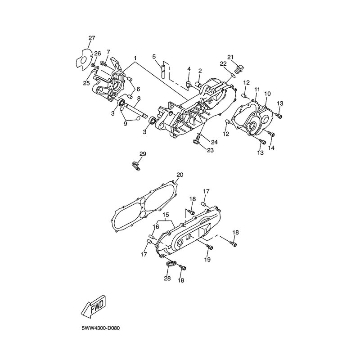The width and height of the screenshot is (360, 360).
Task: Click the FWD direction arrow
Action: [x=94, y=308]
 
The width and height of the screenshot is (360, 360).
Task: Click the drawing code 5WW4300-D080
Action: [x=100, y=328]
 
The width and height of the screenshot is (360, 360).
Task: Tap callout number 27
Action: [x=92, y=38]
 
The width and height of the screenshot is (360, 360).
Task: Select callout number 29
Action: [x=143, y=154]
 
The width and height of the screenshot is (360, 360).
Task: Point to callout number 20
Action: [x=180, y=175]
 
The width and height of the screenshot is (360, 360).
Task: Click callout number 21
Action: [x=230, y=57]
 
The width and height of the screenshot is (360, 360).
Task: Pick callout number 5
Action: [x=154, y=57]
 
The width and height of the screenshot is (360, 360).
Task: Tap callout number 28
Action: [x=167, y=279]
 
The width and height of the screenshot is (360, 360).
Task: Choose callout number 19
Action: [x=207, y=260]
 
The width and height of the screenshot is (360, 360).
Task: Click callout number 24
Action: [x=214, y=142]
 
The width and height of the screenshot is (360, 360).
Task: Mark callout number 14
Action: [x=271, y=148]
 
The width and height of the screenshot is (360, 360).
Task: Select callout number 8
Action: [x=139, y=99]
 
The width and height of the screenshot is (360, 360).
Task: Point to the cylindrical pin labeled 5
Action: [x=163, y=72]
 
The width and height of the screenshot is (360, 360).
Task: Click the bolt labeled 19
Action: [x=210, y=247]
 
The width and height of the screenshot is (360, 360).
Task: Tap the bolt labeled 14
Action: [x=271, y=134]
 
